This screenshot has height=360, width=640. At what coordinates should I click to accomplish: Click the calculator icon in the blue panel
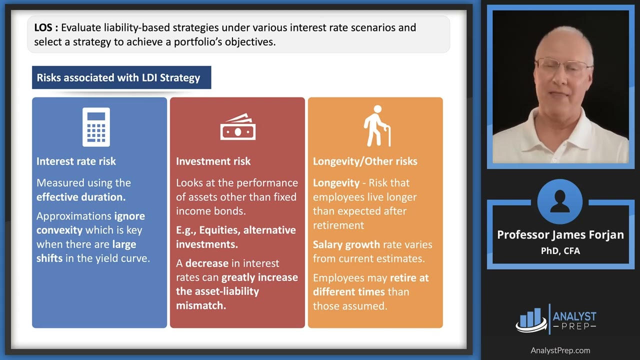[x=96, y=127]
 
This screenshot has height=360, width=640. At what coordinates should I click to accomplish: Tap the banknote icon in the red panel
[x=237, y=128]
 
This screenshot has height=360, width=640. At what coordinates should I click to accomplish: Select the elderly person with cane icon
[x=376, y=126]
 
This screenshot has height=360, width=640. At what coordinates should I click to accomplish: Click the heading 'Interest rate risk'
[x=76, y=161]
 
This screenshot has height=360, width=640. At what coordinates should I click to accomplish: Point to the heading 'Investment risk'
[x=213, y=161]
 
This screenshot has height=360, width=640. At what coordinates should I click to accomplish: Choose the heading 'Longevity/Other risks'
[x=365, y=161]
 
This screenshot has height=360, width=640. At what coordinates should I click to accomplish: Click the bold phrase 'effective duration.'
[x=81, y=197]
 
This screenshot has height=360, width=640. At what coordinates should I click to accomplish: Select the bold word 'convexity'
[x=59, y=230]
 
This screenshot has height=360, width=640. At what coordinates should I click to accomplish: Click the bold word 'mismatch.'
[x=201, y=305]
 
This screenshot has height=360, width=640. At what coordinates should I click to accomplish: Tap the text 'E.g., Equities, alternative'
[x=235, y=230]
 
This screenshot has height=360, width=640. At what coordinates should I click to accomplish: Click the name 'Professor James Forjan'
[x=560, y=235]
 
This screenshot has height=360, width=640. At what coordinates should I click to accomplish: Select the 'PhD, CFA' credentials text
[x=560, y=251]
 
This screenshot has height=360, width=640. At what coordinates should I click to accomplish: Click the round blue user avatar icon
[x=560, y=202]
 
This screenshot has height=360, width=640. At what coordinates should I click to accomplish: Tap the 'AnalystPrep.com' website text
[x=560, y=350]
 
